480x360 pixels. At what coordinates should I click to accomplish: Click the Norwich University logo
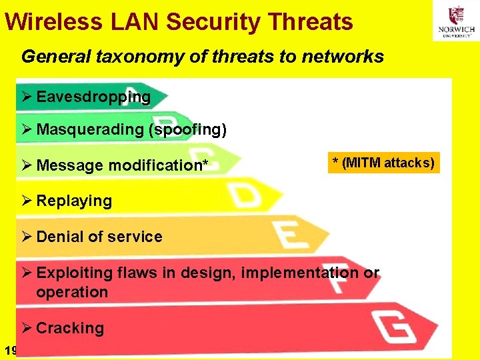456,21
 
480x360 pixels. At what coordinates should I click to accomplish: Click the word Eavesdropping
93,97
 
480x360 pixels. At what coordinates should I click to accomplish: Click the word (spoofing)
188,129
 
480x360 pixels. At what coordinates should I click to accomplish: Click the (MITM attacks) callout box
383,162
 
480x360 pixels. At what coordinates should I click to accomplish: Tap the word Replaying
74,201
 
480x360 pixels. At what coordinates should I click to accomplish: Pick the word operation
72,292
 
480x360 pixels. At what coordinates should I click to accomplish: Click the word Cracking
70,328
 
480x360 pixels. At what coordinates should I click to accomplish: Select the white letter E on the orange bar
288,233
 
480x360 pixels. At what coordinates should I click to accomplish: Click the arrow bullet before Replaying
26,201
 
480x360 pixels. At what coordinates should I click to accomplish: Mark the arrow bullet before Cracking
26,328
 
